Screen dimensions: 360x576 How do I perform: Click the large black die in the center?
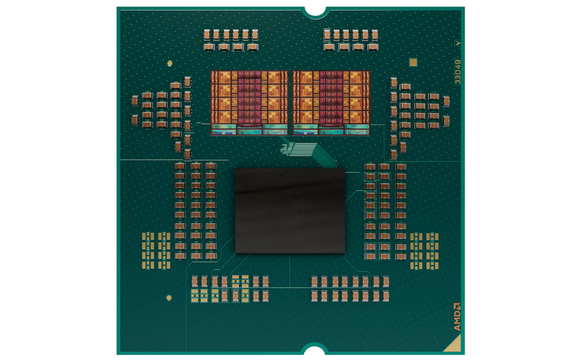(x=290, y=210)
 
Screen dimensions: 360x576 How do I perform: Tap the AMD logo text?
(x=456, y=316)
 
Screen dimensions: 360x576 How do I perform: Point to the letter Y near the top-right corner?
(x=457, y=44)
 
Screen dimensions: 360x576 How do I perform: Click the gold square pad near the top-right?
(x=413, y=63)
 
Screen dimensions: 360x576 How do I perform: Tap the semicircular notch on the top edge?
(x=315, y=10)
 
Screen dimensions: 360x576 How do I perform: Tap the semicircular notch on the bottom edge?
(x=315, y=351)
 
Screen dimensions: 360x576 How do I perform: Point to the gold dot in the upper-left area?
(x=168, y=63)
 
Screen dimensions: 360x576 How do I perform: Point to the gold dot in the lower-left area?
(x=168, y=297)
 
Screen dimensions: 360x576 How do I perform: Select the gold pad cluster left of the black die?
(x=156, y=250)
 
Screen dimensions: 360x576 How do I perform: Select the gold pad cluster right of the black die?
(x=424, y=250)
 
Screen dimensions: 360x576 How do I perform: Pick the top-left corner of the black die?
(x=236, y=170)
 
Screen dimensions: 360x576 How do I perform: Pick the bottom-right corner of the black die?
(x=345, y=253)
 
